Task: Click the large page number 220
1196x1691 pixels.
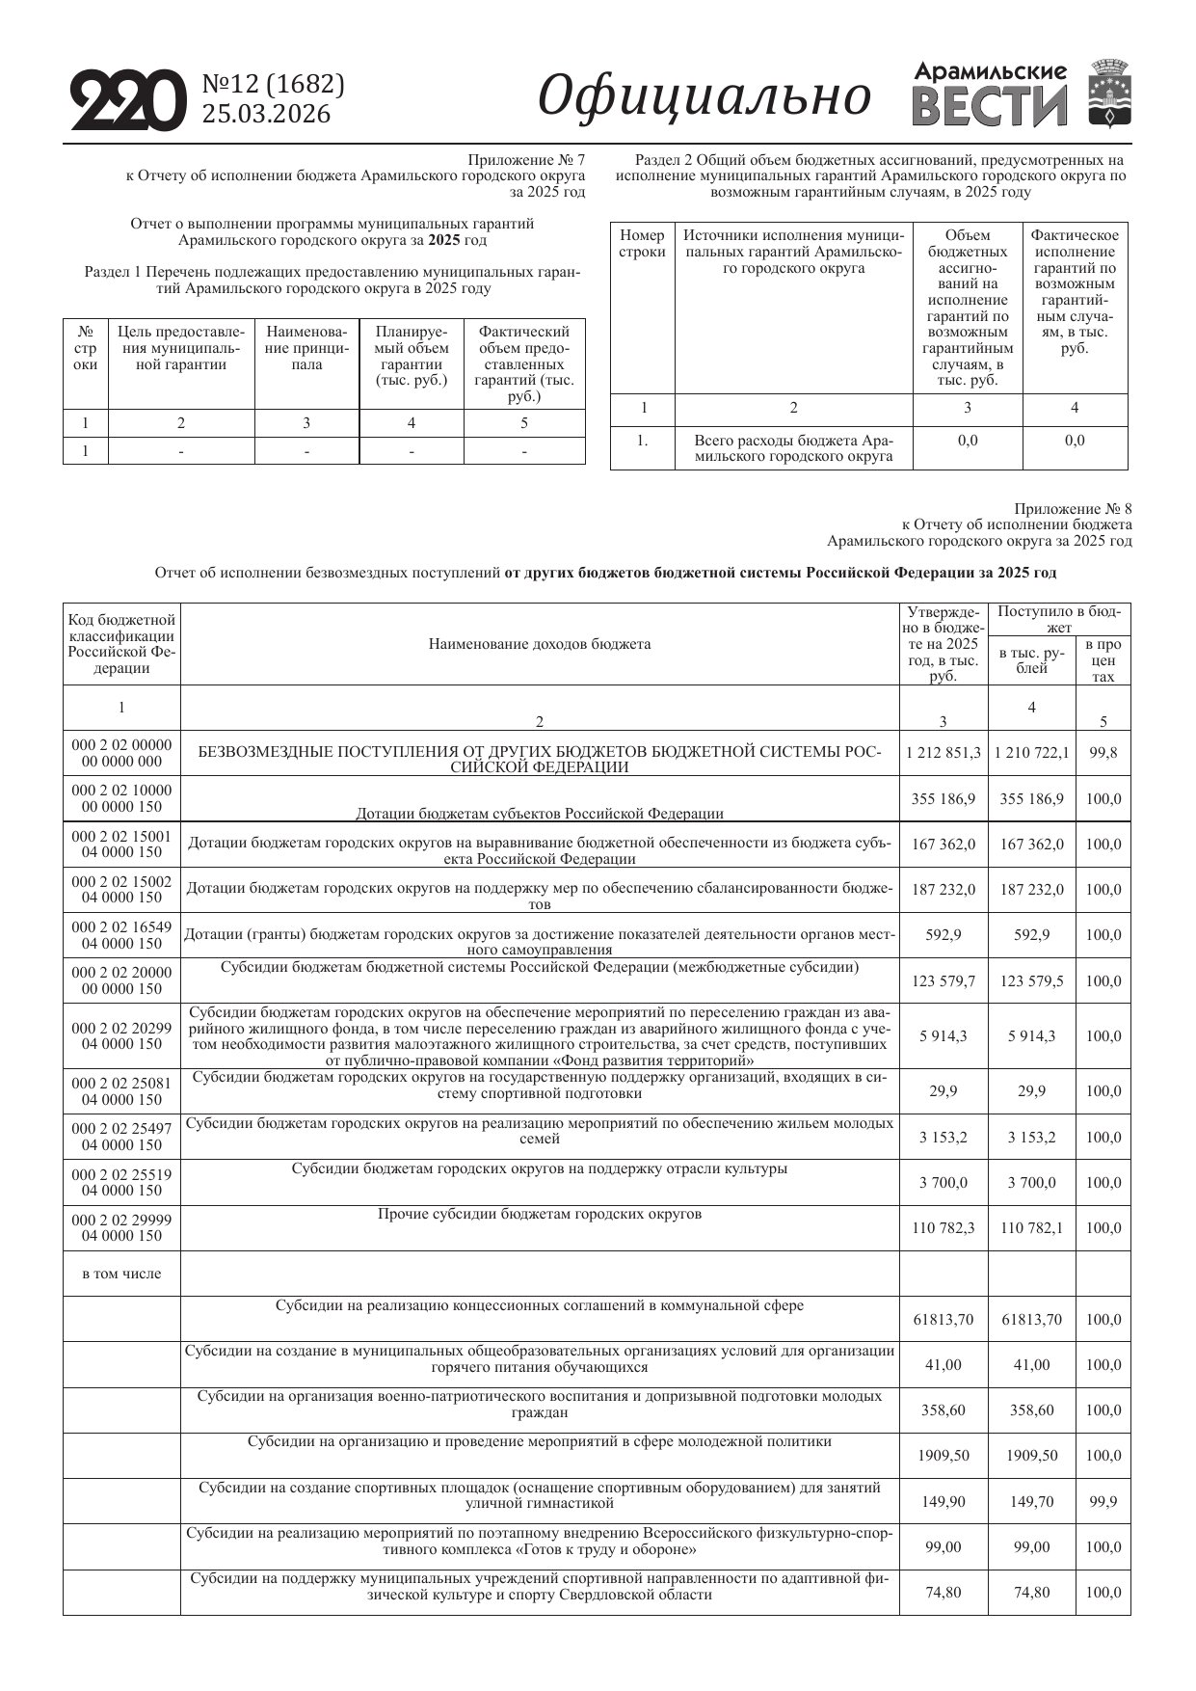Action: tap(127, 100)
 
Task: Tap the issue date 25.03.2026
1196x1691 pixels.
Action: tap(265, 115)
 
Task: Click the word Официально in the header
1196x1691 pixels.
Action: tap(704, 96)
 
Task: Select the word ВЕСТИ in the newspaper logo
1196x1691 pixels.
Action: tap(990, 107)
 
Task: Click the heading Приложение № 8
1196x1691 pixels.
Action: tap(1073, 508)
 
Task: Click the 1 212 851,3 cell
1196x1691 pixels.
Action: tap(944, 753)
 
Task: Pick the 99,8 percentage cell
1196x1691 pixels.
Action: tap(1103, 753)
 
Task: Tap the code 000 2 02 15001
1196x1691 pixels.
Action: tap(121, 837)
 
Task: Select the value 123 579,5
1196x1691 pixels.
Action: tap(1032, 981)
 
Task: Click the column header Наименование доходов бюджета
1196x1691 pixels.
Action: tap(540, 644)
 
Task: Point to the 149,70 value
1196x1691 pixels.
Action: tap(1032, 1502)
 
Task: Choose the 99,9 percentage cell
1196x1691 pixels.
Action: tap(1103, 1502)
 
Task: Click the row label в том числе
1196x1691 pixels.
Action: tap(121, 1274)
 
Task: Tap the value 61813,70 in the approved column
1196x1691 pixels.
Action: tap(944, 1320)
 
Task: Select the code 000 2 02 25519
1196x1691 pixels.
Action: tap(121, 1174)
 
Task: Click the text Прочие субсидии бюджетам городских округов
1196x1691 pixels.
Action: tap(540, 1214)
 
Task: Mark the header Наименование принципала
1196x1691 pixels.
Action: tap(306, 348)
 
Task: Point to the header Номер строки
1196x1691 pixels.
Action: tap(642, 243)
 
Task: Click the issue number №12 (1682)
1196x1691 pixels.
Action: tap(273, 85)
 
